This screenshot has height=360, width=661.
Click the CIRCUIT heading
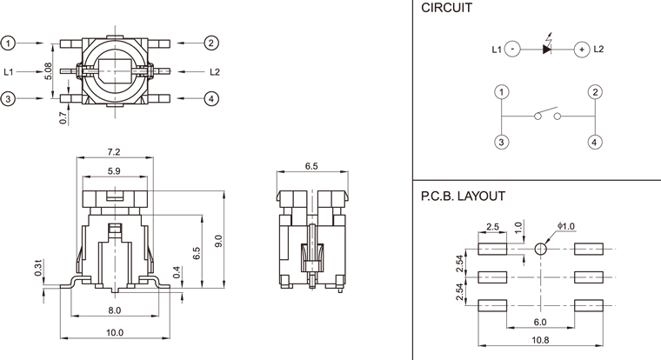[446, 10]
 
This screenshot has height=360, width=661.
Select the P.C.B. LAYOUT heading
[462, 197]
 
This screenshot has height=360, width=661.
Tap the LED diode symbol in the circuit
[547, 50]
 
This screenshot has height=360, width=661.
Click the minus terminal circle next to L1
[513, 50]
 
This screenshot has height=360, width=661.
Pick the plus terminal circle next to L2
[580, 50]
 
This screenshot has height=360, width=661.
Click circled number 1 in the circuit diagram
[501, 92]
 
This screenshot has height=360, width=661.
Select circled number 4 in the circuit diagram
[594, 141]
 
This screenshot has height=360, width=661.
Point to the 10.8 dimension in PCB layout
[540, 340]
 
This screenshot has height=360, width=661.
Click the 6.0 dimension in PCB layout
[540, 321]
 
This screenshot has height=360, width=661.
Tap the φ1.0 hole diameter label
[567, 226]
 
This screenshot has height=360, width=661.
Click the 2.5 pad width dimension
[491, 227]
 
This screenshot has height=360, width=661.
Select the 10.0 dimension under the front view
[114, 333]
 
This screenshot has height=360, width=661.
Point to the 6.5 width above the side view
[312, 165]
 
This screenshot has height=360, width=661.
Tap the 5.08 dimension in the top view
[49, 70]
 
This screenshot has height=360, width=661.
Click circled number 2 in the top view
[211, 43]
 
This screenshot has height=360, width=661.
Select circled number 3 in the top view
[9, 99]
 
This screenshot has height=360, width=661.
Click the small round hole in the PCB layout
[540, 249]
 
